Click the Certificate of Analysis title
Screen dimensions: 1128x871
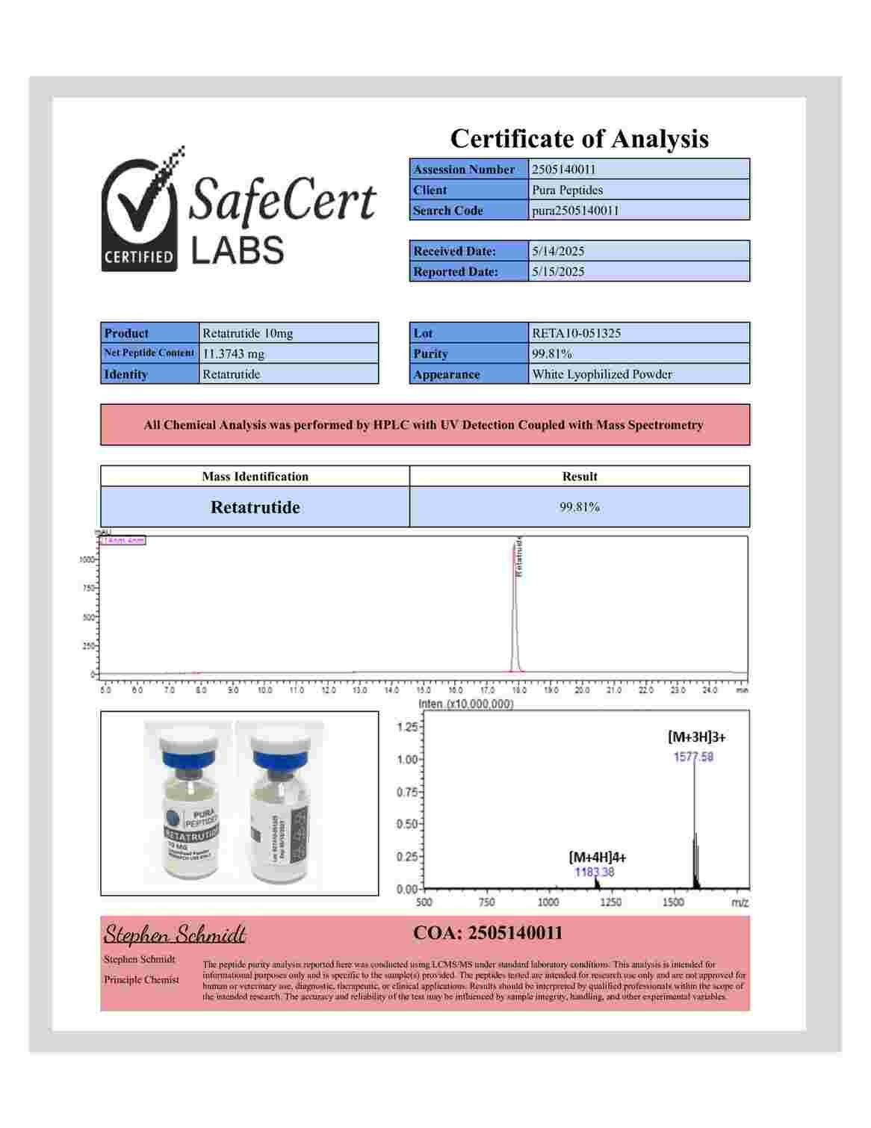pos(579,139)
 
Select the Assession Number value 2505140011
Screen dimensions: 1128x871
pos(564,170)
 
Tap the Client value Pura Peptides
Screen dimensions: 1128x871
pos(567,190)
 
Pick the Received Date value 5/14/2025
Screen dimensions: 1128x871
pos(557,251)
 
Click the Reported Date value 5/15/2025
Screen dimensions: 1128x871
pos(557,272)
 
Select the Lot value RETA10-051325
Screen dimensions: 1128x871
pos(576,333)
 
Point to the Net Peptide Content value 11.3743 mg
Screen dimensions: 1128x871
pos(233,354)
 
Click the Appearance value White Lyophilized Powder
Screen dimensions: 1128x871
pos(601,374)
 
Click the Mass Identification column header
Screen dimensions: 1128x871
pos(255,477)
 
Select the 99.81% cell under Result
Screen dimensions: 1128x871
pos(580,507)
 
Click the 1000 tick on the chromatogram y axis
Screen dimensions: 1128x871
pos(87,560)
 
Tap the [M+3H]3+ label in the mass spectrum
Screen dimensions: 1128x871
pos(696,737)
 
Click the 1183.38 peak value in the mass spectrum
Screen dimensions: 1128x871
pos(594,872)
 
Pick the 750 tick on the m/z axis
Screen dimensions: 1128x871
pos(486,902)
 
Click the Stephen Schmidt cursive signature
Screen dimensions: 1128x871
pos(174,935)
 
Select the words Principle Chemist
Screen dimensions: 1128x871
pos(141,980)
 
